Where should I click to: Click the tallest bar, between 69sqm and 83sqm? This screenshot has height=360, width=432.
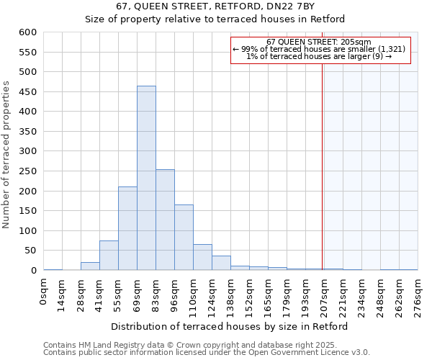[146, 178]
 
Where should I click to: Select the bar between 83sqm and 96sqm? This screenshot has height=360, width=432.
[165, 220]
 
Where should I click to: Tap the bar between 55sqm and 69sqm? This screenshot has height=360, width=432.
[127, 228]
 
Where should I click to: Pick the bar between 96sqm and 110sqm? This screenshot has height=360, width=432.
[184, 238]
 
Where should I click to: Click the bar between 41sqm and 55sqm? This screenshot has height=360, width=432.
[109, 256]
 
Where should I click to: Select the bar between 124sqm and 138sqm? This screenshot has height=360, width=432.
[221, 263]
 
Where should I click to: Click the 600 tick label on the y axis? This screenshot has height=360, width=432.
[27, 32]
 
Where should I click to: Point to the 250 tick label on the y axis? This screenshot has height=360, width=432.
[27, 171]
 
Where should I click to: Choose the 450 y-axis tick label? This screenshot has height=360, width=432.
[27, 92]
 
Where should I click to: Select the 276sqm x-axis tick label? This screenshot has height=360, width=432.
[418, 296]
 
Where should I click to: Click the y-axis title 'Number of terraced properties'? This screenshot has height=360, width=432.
[7, 155]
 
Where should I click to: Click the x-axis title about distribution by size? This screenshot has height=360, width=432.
[230, 326]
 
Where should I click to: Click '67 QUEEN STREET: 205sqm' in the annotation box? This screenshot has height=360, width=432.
[319, 42]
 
